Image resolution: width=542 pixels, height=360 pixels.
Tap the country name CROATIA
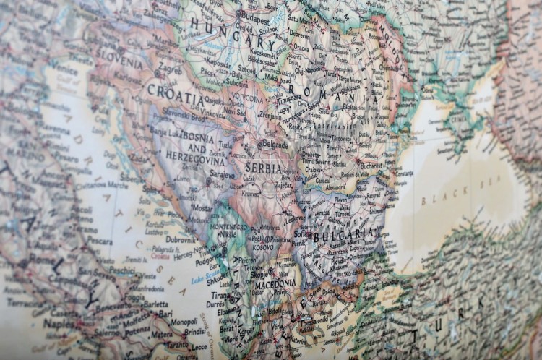175,93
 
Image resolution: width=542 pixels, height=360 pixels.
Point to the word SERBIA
264,168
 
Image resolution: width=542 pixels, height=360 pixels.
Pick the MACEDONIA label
275,283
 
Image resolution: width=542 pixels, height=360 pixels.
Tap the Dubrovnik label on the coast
180,239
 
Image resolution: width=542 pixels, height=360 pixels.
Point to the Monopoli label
184,320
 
